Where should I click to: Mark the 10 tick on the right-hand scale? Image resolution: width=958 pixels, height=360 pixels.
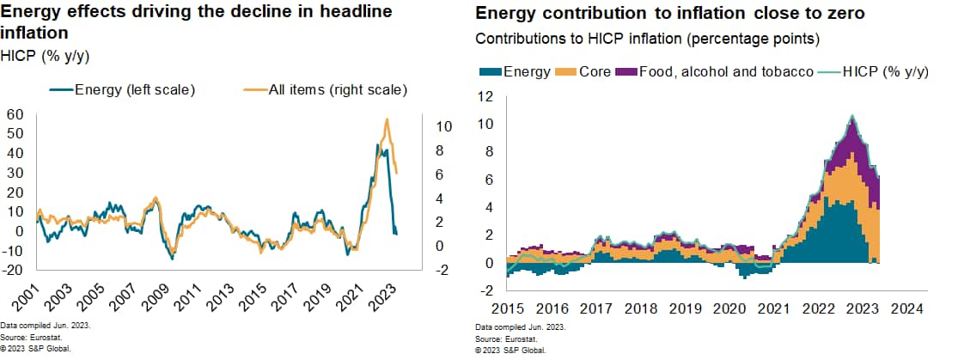coord(444,126)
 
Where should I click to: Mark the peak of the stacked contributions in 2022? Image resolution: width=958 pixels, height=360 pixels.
coord(851,117)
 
